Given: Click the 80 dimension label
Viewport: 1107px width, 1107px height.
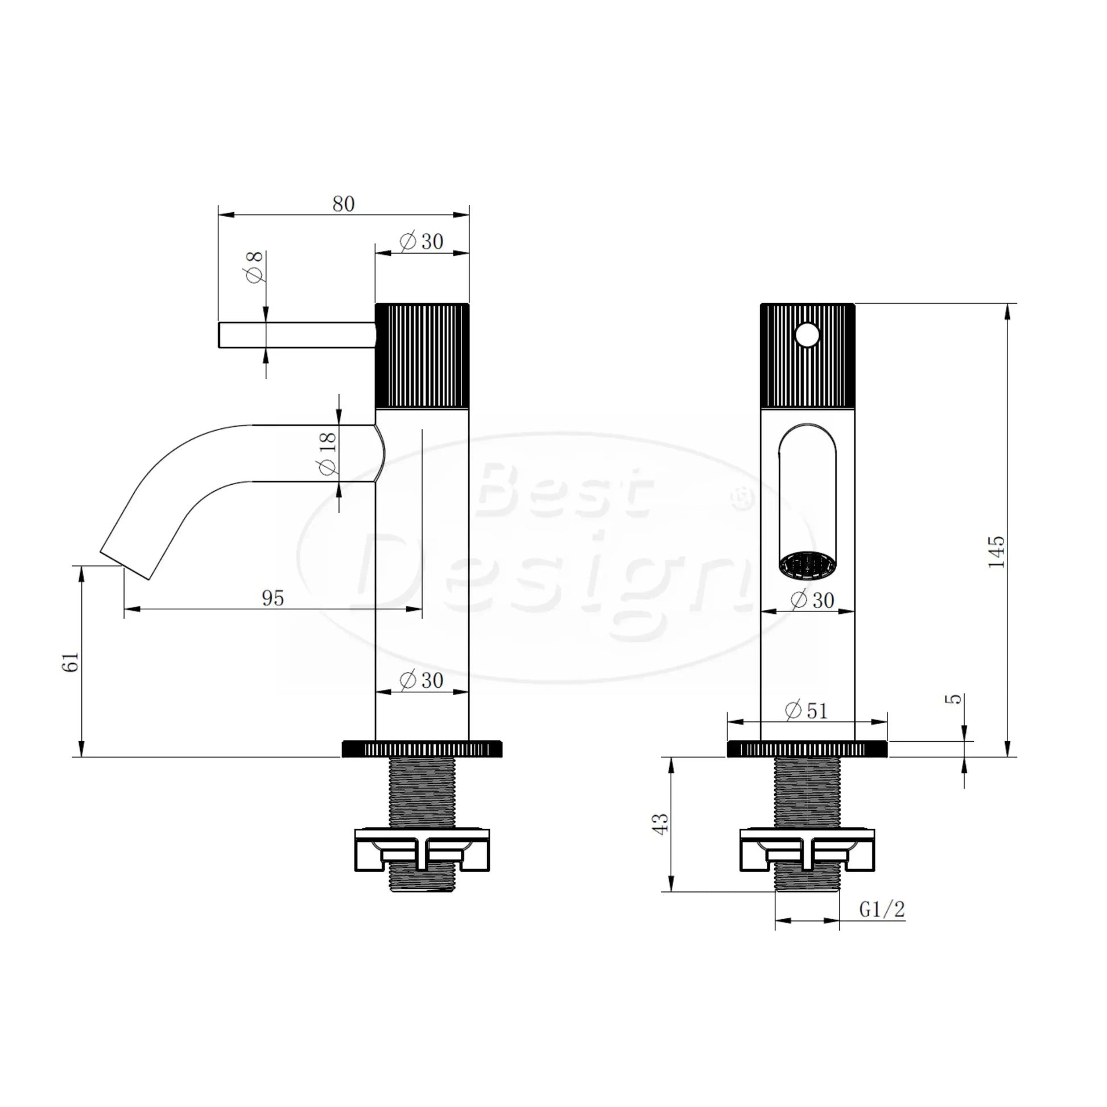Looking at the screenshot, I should (343, 204).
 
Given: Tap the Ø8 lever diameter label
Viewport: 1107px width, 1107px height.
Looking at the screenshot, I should (254, 266).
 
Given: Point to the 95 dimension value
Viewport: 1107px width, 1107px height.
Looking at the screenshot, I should (272, 598).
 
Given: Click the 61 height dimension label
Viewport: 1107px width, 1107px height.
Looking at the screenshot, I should (71, 662).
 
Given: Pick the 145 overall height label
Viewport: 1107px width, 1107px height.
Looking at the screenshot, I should (997, 552).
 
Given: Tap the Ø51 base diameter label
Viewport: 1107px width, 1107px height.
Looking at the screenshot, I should (806, 711).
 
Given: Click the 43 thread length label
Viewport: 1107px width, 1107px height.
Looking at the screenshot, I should (660, 824).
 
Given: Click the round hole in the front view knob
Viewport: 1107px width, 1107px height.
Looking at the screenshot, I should (807, 335).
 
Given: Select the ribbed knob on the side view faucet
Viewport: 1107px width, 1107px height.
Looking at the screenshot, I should (422, 355).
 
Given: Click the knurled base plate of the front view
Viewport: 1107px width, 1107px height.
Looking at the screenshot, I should (807, 749).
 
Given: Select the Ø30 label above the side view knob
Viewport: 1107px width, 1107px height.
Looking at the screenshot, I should (422, 241).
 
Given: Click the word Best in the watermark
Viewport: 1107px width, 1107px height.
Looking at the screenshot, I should (564, 490).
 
